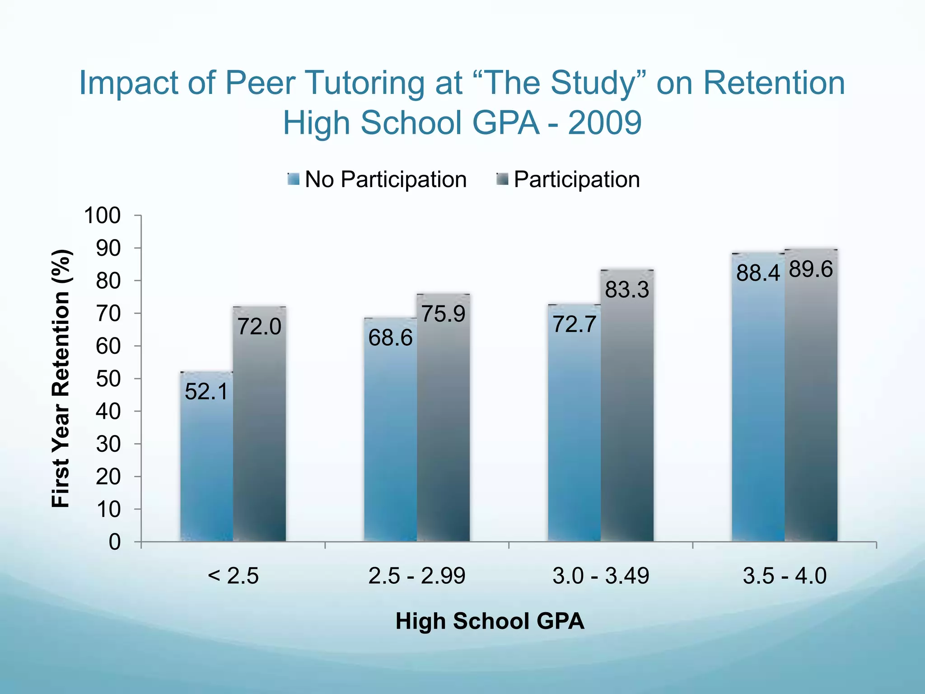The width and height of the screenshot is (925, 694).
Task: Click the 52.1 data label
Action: pos(206,391)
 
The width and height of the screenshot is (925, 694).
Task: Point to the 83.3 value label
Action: pos(627,290)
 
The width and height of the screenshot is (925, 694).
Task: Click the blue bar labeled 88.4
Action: pos(758,407)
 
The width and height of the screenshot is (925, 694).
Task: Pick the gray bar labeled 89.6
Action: pos(811,407)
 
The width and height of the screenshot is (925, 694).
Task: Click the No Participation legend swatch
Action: pos(294,179)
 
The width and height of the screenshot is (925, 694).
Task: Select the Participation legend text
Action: pos(577,179)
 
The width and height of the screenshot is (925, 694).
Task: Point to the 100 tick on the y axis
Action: pos(102,216)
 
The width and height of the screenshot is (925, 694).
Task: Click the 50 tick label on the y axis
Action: pos(108,379)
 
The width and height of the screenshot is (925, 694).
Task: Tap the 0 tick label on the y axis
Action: pos(115,542)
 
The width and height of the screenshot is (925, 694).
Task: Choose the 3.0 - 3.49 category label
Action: pos(601,576)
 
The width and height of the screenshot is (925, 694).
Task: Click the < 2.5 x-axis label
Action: pos(233,576)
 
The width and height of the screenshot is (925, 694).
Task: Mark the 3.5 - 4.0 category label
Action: pos(785,576)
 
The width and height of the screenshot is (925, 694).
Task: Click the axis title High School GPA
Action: pos(490,621)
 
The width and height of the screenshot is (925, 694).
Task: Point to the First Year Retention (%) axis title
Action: pos(61,379)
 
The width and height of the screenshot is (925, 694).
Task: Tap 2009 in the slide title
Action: pos(604,123)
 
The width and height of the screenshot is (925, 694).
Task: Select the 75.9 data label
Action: pos(443,314)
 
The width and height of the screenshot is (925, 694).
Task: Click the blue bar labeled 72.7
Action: pos(574,429)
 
